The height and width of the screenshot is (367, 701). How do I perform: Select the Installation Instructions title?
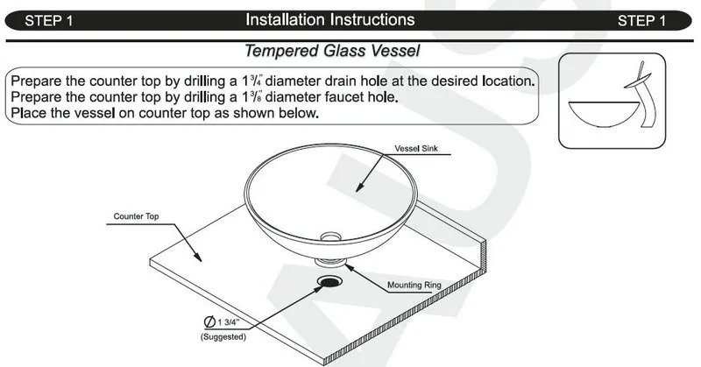tap(330, 19)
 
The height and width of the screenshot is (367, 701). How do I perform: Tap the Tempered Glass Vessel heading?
tap(330, 52)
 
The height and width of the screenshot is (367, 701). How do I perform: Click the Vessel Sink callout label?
tap(416, 149)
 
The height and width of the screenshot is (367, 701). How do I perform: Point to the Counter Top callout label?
tap(136, 215)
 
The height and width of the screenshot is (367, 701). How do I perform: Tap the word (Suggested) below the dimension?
tap(223, 336)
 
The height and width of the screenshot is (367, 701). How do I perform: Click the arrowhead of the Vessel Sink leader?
tap(358, 190)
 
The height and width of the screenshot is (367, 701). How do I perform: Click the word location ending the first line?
tap(504, 81)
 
